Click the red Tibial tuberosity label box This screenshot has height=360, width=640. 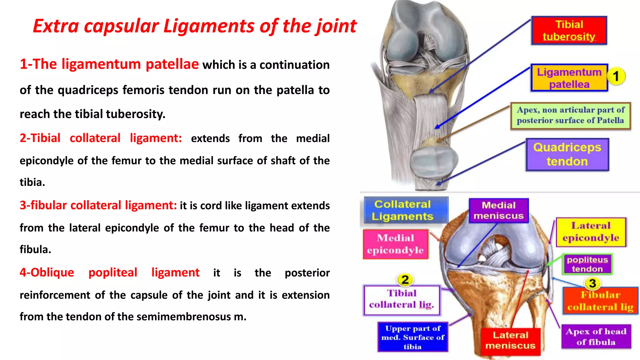pos(569,30)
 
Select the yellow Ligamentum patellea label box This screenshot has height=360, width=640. pos(569,78)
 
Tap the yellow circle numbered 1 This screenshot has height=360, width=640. pos(616,76)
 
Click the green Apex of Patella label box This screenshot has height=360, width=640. pos(570,115)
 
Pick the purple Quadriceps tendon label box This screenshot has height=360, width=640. pos(567,154)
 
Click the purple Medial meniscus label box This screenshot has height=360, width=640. pos(498,210)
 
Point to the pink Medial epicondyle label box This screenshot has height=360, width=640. pos(395,244)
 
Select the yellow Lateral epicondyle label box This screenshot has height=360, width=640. pos(591,232)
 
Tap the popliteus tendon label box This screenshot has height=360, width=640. pos(587,264)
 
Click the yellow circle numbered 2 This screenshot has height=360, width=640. pos(405,280)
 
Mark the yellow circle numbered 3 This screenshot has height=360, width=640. pos(592,283)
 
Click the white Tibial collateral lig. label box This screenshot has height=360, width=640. pos(402,299)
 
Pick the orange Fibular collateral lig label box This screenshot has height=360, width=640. pos(600,301)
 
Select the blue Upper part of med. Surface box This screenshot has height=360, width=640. pos(412,337)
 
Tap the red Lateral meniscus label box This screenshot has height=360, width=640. pos(510,341)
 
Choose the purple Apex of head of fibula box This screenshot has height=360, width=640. pos(596,337)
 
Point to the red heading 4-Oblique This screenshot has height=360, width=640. pos(47,272)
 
